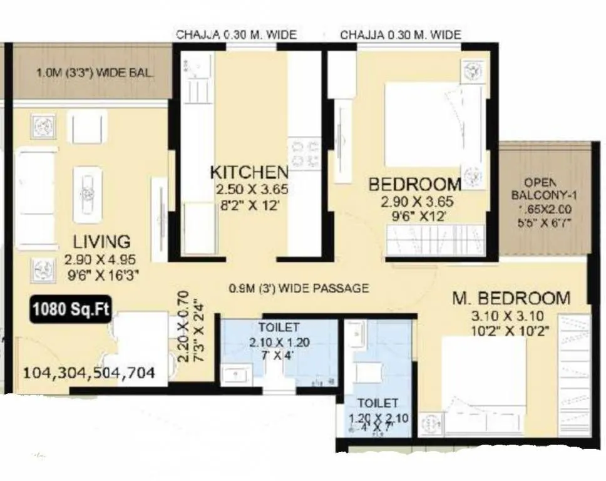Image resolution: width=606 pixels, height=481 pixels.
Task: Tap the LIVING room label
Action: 101,241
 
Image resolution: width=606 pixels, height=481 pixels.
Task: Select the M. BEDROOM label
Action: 511,299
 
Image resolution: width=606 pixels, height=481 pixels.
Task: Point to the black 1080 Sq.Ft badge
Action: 69,309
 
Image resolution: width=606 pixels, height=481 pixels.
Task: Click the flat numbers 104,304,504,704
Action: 89,373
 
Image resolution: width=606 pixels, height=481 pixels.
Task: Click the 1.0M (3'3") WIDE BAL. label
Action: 95,73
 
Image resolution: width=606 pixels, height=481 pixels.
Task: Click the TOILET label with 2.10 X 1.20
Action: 279,327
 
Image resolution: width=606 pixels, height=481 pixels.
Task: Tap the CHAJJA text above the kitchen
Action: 236,35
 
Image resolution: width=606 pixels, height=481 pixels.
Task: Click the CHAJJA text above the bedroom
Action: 401,35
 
